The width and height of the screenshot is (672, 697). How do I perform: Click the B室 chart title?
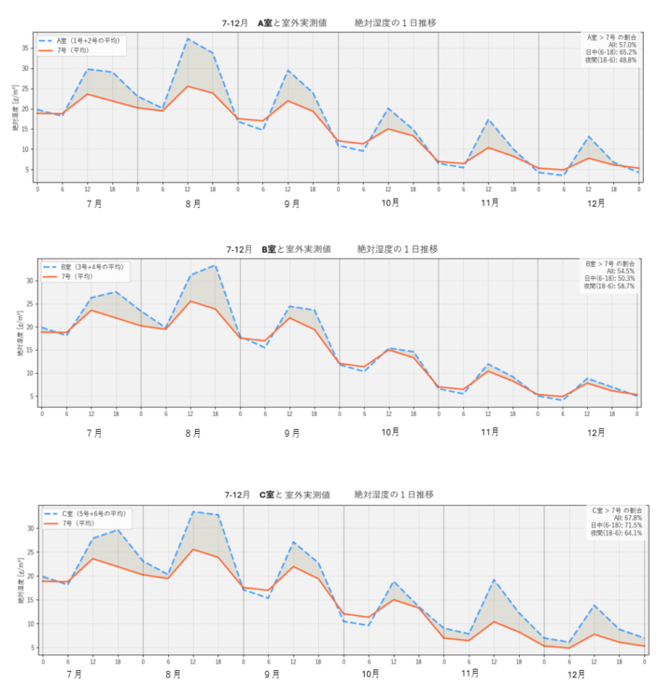(331, 249)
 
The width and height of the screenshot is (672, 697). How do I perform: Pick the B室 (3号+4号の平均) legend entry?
(93, 267)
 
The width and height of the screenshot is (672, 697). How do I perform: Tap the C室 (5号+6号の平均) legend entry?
(93, 513)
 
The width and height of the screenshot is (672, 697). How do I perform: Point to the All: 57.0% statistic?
(622, 44)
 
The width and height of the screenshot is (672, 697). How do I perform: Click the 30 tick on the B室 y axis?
(31, 280)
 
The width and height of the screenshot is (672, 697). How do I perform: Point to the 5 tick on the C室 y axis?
(34, 648)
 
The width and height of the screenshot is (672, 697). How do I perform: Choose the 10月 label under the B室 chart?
(391, 432)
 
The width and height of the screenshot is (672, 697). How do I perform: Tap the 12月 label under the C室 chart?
(576, 673)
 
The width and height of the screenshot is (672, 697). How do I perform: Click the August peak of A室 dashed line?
(188, 39)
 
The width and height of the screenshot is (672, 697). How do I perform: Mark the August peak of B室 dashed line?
(216, 265)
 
